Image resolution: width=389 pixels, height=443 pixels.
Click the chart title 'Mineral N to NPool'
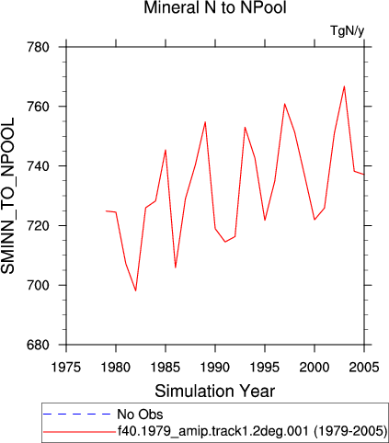215,7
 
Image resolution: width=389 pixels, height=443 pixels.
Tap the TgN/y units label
348,30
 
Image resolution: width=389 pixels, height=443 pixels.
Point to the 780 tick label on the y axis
38,48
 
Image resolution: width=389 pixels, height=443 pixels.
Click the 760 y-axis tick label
38,107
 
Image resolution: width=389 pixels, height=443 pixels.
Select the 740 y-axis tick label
38,166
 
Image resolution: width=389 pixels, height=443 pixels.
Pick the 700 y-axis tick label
38,285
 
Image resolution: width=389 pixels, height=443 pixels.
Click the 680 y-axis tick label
38,345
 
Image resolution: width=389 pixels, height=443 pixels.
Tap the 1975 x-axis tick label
66,368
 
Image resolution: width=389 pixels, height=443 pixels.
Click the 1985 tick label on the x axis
166,368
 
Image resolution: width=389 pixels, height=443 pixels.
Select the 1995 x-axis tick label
265,368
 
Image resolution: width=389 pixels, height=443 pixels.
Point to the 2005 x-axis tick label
364,368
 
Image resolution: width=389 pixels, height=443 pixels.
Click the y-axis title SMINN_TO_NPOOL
7,196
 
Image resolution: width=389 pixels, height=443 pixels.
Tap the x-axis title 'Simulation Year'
215,392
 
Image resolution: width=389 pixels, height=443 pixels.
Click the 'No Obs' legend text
140,415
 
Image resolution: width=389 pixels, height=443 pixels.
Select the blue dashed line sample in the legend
77,415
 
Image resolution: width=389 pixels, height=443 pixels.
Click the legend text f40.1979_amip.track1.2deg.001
213,431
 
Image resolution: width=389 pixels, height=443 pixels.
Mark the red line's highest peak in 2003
344,86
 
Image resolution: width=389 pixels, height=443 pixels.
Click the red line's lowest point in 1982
135,290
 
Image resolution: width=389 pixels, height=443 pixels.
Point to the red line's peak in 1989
205,122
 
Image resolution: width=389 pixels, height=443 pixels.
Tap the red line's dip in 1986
176,267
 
